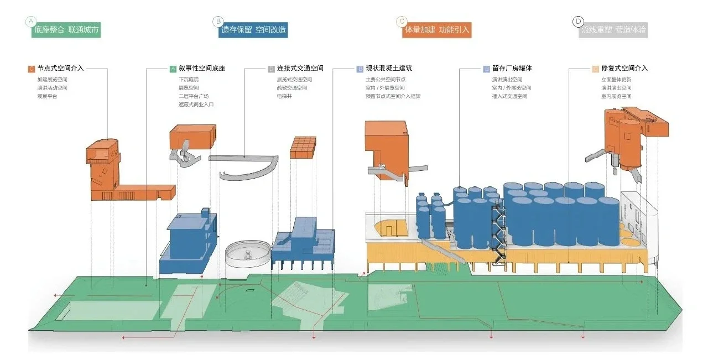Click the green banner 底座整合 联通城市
click(x=67, y=30)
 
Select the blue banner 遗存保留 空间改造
click(x=253, y=30)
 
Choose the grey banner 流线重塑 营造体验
click(x=613, y=30)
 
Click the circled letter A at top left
click(x=30, y=21)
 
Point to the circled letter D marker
click(x=578, y=21)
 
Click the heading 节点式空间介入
click(x=60, y=69)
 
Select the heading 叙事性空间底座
click(x=202, y=69)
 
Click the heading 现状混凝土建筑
click(x=389, y=69)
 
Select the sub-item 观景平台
click(x=47, y=96)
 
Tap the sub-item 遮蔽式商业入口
click(x=196, y=105)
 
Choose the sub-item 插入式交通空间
click(x=509, y=96)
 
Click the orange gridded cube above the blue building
click(x=303, y=148)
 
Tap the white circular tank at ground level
click(x=247, y=255)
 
